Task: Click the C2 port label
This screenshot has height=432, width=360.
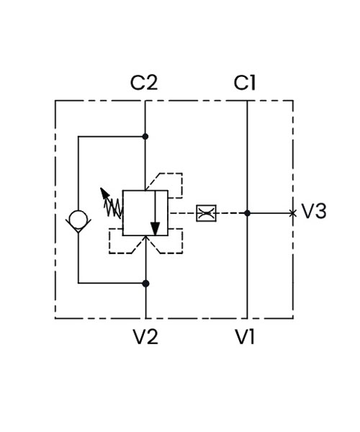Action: (144, 83)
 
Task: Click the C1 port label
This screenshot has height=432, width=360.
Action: (245, 83)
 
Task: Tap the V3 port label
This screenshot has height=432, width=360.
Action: (314, 211)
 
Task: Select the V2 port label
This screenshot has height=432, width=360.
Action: (145, 337)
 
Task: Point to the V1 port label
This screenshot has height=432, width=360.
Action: (245, 337)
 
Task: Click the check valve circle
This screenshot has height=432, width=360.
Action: (78, 220)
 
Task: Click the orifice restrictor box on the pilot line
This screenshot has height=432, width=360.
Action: (206, 213)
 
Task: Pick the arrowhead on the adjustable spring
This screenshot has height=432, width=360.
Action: (104, 193)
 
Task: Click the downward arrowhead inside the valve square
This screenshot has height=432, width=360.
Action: (156, 229)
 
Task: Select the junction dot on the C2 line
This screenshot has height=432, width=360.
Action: (145, 136)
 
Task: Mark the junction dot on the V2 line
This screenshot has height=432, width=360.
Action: (145, 284)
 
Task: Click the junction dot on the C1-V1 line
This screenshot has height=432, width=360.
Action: (248, 213)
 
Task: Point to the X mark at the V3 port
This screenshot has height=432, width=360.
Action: (293, 213)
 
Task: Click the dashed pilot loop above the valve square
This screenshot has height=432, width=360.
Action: (182, 185)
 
